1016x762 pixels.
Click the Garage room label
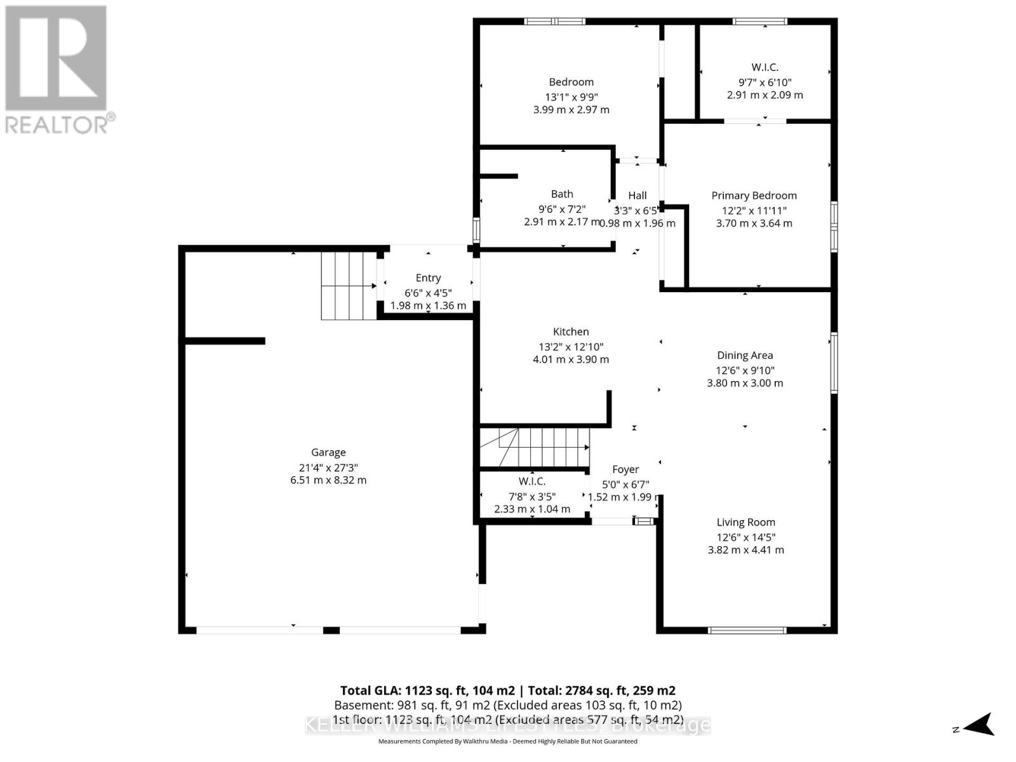click(328, 453)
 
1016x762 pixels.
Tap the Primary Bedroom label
click(754, 196)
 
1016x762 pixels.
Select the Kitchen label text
click(571, 331)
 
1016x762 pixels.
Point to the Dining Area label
click(745, 356)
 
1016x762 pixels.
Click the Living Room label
click(745, 523)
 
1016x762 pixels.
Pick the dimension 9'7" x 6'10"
click(765, 82)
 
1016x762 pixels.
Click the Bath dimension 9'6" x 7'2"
click(562, 209)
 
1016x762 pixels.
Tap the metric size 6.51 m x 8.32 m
click(328, 480)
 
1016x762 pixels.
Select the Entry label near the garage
click(428, 278)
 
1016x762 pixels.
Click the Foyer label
click(625, 469)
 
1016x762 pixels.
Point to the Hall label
click(638, 196)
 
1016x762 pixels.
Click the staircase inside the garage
click(348, 286)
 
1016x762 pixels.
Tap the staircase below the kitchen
click(534, 447)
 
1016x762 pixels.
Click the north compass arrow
click(980, 724)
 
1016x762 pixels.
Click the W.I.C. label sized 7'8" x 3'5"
click(532, 481)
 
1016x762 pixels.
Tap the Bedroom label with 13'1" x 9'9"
click(571, 82)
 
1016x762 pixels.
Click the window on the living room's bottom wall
click(747, 631)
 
